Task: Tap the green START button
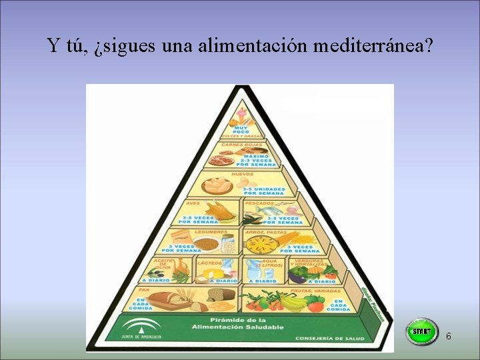point(421,331)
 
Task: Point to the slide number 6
point(449,337)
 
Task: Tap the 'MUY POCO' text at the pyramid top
point(240,129)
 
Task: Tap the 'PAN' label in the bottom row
point(143,291)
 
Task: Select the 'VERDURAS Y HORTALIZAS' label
point(309,263)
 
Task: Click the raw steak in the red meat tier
point(219,160)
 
